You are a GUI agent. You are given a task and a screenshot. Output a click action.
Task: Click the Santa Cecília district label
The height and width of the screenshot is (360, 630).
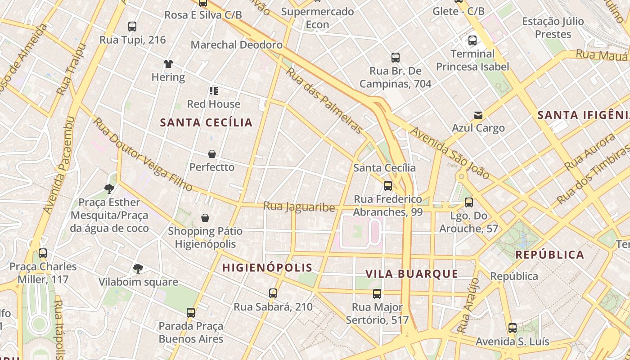(x=206, y=122)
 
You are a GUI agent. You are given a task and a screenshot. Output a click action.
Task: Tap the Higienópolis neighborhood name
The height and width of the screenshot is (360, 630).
(x=267, y=268)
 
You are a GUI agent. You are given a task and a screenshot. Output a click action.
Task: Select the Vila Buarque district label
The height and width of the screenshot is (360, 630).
(x=412, y=274)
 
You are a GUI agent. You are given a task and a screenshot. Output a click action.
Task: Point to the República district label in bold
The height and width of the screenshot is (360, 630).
(x=549, y=255)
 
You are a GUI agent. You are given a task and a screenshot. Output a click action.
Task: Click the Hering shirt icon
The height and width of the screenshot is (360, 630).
(x=168, y=64)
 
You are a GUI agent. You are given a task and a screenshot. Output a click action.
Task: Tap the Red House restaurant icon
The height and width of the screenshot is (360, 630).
(x=214, y=91)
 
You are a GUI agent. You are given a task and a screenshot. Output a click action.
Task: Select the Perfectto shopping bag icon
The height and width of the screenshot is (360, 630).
(x=212, y=154)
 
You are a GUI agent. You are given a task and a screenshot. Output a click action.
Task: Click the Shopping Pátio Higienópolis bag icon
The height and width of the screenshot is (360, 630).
(x=205, y=218)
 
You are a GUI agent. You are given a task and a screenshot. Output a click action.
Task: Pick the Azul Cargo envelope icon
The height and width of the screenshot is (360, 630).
(x=478, y=115)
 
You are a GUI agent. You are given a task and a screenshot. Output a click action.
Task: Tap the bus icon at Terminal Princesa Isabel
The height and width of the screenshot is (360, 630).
(x=472, y=40)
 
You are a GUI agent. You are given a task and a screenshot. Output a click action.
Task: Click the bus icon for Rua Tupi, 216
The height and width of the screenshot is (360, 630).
(x=132, y=27)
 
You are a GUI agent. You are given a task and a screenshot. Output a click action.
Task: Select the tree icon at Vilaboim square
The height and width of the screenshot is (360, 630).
(x=138, y=269)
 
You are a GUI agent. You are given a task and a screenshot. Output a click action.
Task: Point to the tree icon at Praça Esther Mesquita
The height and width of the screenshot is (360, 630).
(x=109, y=189)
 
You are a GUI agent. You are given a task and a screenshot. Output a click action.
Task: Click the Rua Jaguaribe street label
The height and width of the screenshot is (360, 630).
(x=299, y=207)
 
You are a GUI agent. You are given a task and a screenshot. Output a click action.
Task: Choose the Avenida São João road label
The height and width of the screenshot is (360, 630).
(x=450, y=153)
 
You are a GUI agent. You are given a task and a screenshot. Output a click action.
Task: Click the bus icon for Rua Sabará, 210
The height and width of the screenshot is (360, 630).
(x=273, y=293)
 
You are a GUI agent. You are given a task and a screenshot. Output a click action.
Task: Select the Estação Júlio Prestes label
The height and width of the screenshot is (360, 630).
(x=553, y=27)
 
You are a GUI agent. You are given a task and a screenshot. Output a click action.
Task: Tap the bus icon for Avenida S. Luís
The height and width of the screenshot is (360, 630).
(x=513, y=328)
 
